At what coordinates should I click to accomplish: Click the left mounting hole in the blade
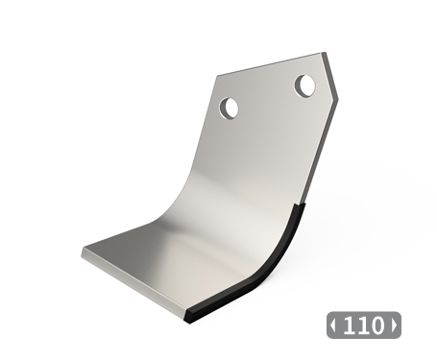(230, 107)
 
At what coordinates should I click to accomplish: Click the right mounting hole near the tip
(305, 86)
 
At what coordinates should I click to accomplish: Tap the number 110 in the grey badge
(363, 324)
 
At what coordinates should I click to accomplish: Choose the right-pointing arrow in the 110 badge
(393, 325)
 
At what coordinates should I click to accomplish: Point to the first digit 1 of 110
(350, 324)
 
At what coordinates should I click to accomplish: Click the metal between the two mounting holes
(268, 96)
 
